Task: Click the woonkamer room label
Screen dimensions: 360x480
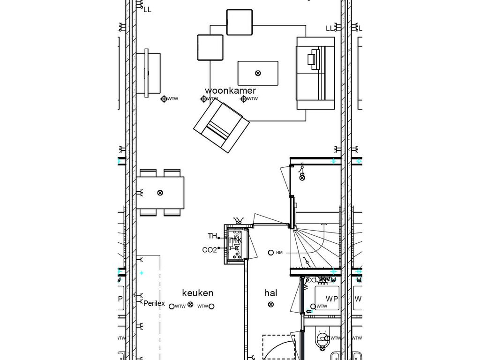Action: tap(231, 90)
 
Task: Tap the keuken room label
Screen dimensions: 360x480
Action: tap(197, 293)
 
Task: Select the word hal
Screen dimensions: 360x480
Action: tap(270, 293)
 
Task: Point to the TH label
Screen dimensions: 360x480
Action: tap(212, 236)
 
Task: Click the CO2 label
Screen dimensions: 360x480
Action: tap(210, 250)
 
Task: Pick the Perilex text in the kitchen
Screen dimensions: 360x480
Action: tap(154, 303)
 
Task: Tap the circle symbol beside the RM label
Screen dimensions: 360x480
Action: tap(270, 253)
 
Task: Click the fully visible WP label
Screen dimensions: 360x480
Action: tap(332, 299)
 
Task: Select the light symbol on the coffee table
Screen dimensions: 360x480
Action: tap(258, 73)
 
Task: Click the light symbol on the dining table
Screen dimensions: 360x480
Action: tap(160, 193)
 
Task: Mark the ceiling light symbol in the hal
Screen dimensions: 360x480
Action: tap(270, 305)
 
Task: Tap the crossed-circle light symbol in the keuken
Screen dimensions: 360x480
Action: tap(190, 305)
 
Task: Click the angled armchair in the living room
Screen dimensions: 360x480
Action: tap(220, 126)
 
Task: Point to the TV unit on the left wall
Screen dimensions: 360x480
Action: tap(149, 74)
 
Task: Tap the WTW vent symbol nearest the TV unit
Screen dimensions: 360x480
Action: tap(164, 99)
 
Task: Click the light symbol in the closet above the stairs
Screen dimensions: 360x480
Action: tap(302, 177)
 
